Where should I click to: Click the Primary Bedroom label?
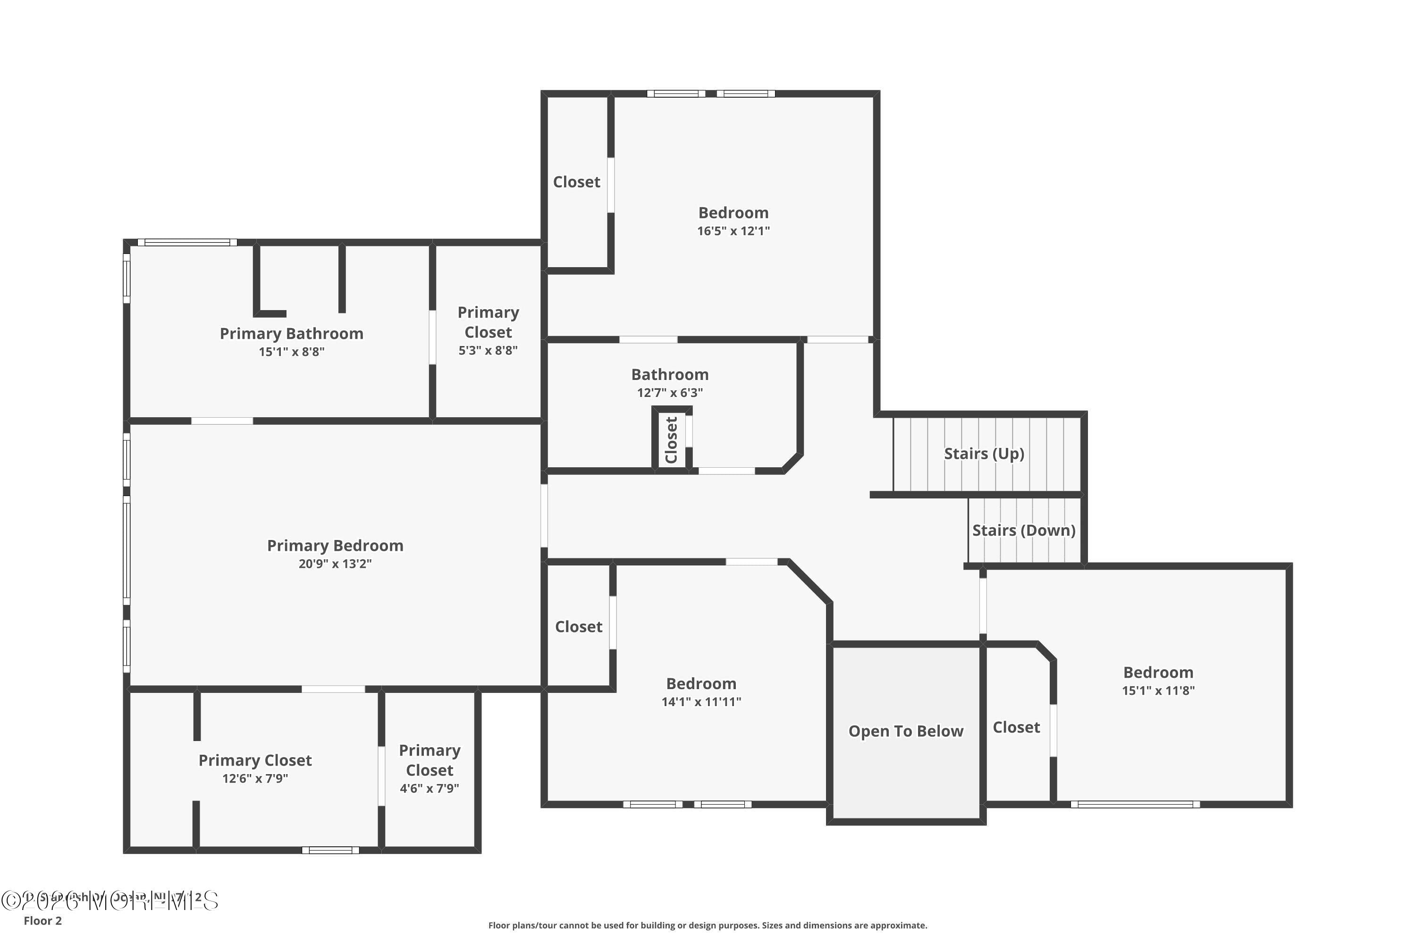click(x=335, y=546)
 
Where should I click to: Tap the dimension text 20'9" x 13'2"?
click(x=335, y=564)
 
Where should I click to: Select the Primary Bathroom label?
click(x=291, y=334)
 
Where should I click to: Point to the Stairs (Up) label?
click(x=984, y=453)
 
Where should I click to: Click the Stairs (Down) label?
click(x=1023, y=531)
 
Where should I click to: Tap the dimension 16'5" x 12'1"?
click(x=733, y=231)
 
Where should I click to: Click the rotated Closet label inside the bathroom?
click(x=671, y=440)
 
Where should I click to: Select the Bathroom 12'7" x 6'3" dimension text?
click(x=669, y=393)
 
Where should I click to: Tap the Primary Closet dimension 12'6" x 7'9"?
click(x=255, y=778)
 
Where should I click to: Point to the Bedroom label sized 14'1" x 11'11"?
click(x=701, y=684)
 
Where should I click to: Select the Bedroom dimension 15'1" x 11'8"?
click(x=1158, y=691)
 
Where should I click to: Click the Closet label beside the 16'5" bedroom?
click(x=576, y=182)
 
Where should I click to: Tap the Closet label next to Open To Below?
click(x=1016, y=727)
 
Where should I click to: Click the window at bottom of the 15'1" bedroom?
click(x=1135, y=804)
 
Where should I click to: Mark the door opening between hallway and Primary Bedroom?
click(x=544, y=515)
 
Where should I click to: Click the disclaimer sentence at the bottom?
click(x=708, y=925)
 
